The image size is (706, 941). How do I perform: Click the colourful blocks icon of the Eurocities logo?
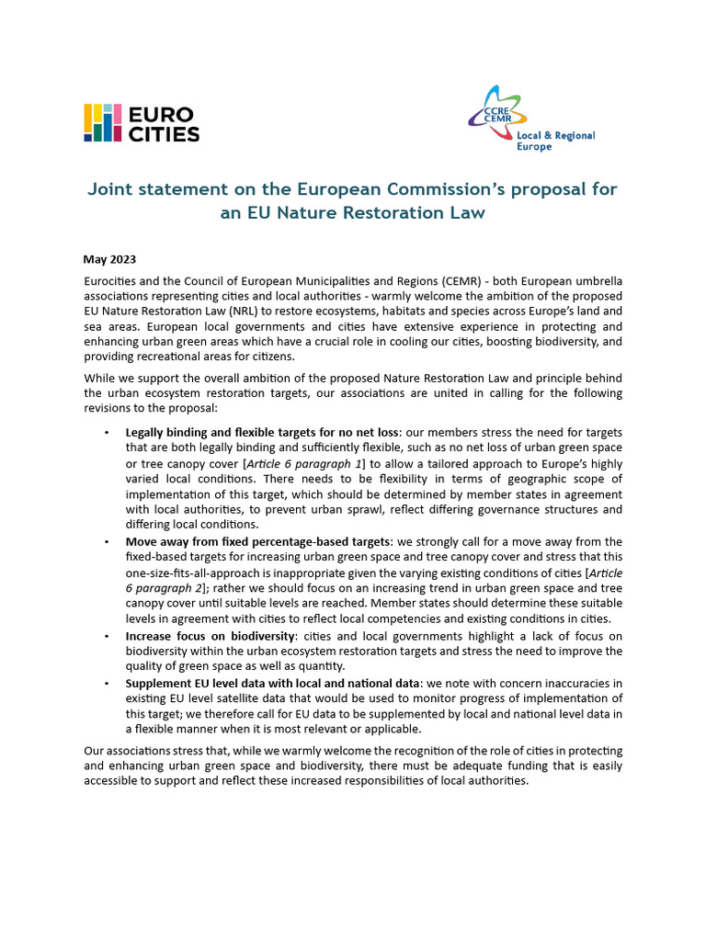pos(103,123)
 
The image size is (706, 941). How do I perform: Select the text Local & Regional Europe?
pos(562,141)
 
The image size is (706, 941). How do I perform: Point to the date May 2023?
pos(108,259)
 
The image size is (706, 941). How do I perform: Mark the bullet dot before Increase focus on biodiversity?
pos(108,636)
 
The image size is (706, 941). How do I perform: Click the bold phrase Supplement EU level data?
pos(199,683)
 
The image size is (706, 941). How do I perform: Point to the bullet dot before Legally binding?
pos(108,432)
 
